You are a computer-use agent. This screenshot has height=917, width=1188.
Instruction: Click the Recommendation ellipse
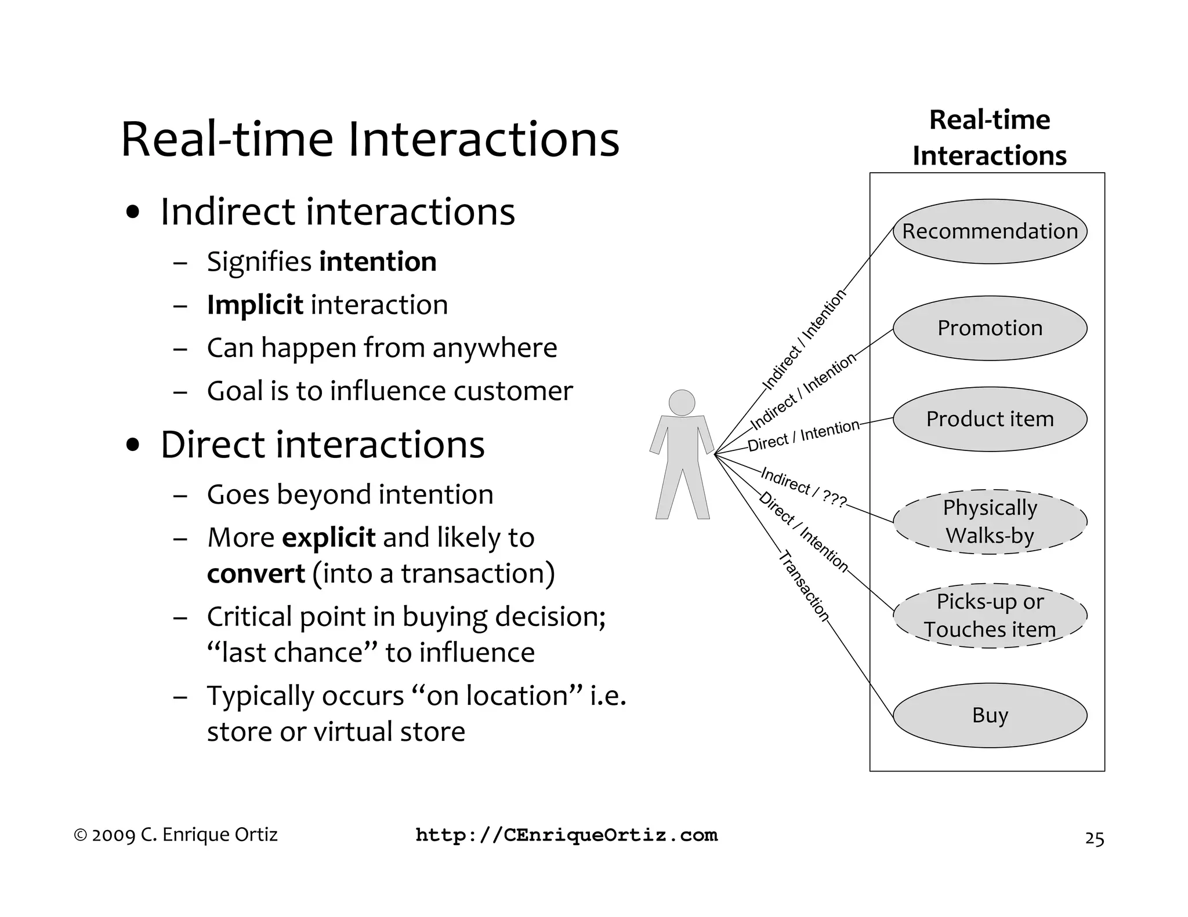pyautogui.click(x=990, y=231)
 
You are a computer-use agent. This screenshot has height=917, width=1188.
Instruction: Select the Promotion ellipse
pyautogui.click(x=990, y=328)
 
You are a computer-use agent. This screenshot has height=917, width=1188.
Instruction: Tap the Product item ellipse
pyautogui.click(x=990, y=419)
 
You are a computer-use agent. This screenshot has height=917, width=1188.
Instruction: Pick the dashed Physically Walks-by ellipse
pyautogui.click(x=990, y=522)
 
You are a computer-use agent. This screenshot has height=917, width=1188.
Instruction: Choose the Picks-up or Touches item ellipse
pyautogui.click(x=990, y=616)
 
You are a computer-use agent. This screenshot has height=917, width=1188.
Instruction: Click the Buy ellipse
pyautogui.click(x=990, y=715)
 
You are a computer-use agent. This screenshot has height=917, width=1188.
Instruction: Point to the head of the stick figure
pyautogui.click(x=682, y=402)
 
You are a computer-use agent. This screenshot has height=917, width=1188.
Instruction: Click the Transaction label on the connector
pyautogui.click(x=804, y=586)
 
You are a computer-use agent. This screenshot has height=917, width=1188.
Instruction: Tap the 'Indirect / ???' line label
pyautogui.click(x=803, y=487)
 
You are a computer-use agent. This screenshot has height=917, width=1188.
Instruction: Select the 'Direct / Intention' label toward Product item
pyautogui.click(x=803, y=436)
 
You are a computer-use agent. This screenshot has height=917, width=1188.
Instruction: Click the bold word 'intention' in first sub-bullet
pyautogui.click(x=378, y=261)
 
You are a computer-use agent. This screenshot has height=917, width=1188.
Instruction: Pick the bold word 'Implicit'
pyautogui.click(x=255, y=305)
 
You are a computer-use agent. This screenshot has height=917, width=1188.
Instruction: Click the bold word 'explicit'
pyautogui.click(x=328, y=537)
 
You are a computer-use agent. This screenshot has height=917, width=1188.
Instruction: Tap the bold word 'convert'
pyautogui.click(x=256, y=574)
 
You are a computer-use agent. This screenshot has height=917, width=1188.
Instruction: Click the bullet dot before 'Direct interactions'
pyautogui.click(x=133, y=446)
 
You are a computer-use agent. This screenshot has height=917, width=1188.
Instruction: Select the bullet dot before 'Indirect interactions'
pyautogui.click(x=133, y=212)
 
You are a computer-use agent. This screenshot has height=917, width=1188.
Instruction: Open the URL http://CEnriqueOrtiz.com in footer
pyautogui.click(x=567, y=835)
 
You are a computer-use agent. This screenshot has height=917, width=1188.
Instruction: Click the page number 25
pyautogui.click(x=1094, y=839)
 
